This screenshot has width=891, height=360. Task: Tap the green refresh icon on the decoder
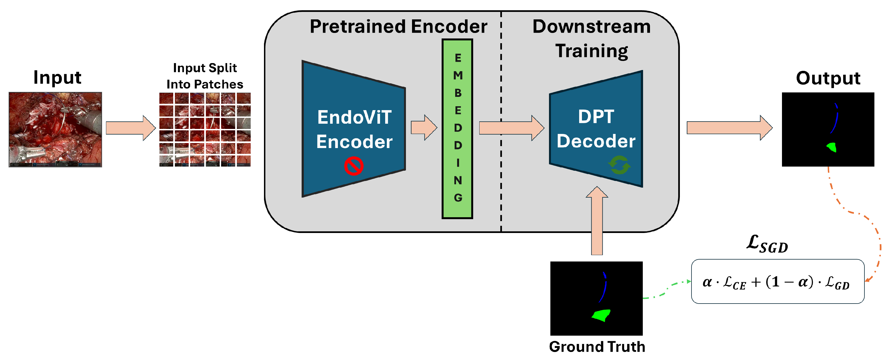point(619,165)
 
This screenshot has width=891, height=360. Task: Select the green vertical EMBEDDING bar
point(457,129)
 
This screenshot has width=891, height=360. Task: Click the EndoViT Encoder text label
point(354,129)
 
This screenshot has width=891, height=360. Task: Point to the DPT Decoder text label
point(596,129)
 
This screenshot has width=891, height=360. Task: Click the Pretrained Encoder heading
point(398,27)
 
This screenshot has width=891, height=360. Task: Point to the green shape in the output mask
point(832,147)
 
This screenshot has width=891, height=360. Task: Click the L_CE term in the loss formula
point(735,283)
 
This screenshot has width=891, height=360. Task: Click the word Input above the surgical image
point(57,77)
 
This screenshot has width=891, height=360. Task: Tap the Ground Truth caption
point(597,346)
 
